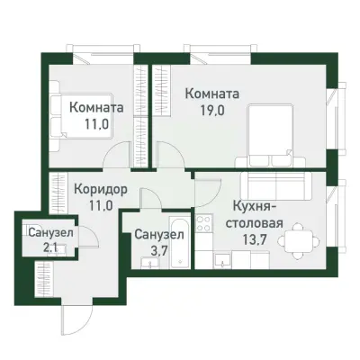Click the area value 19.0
click(211, 112)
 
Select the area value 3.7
click(158, 251)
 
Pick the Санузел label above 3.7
click(158, 235)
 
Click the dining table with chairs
click(298, 239)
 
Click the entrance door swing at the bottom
click(77, 316)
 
